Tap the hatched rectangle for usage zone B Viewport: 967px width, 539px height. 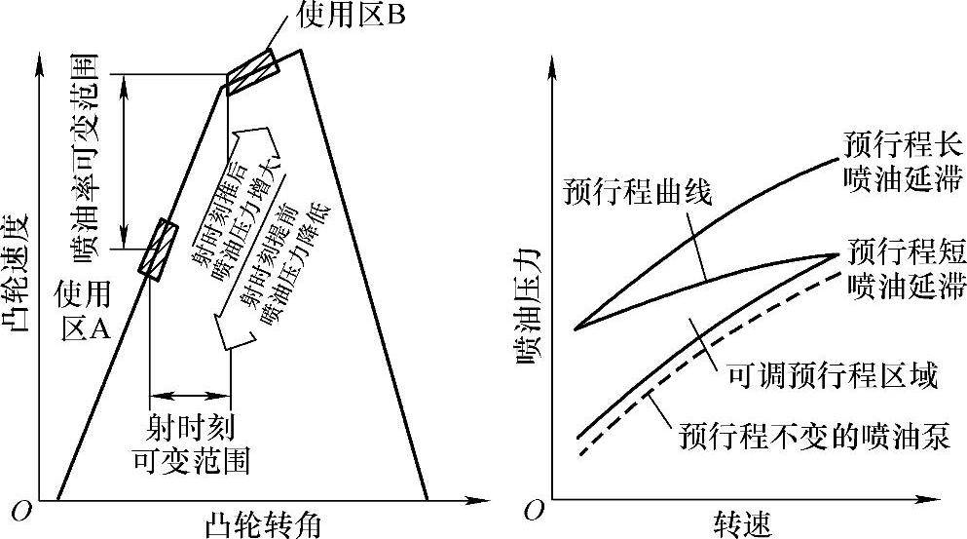(x=252, y=69)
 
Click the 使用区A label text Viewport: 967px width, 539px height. (x=84, y=309)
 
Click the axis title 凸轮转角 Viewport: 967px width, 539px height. (x=263, y=523)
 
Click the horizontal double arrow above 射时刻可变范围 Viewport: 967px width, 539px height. (x=190, y=395)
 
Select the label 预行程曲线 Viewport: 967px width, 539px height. (x=637, y=191)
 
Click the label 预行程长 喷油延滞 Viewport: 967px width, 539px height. (x=901, y=162)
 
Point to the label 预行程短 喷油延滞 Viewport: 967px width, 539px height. (x=901, y=267)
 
